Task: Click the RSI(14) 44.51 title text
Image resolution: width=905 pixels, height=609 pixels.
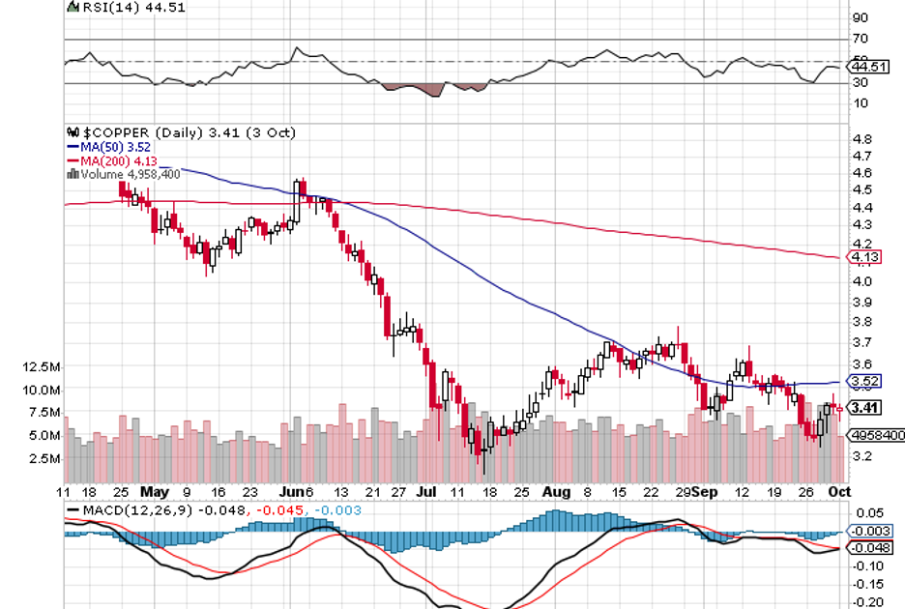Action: pyautogui.click(x=121, y=7)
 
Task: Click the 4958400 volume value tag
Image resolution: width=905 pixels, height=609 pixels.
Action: pyautogui.click(x=875, y=436)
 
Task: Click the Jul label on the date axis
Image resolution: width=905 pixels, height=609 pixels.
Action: pyautogui.click(x=425, y=492)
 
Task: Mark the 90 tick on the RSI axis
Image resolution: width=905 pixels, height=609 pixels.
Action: pyautogui.click(x=858, y=17)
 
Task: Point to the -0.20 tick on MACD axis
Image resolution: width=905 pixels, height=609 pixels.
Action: pyautogui.click(x=865, y=601)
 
